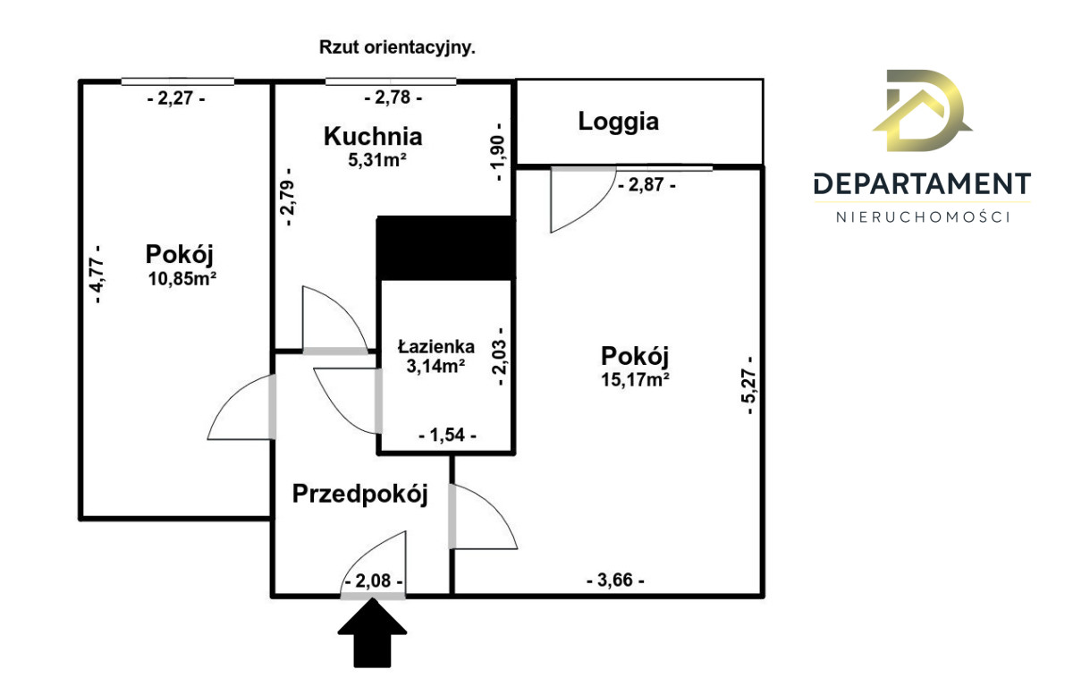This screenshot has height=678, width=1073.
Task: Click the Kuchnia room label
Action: pyautogui.click(x=372, y=137)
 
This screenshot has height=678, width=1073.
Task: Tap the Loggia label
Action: pyautogui.click(x=618, y=122)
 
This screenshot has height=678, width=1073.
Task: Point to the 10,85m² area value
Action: pyautogui.click(x=184, y=277)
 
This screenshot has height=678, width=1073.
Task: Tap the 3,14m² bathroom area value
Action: pyautogui.click(x=435, y=365)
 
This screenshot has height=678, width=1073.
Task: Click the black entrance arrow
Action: pyautogui.click(x=372, y=633)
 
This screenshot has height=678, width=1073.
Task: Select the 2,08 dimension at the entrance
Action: pyautogui.click(x=373, y=581)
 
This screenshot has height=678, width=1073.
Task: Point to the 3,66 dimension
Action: pyautogui.click(x=615, y=581)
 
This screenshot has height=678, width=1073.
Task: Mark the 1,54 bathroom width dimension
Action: pyautogui.click(x=447, y=436)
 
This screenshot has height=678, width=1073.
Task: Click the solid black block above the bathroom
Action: pyautogui.click(x=446, y=248)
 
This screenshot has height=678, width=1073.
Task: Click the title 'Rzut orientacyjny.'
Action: pyautogui.click(x=397, y=48)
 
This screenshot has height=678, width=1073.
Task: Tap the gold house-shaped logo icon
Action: pyautogui.click(x=921, y=112)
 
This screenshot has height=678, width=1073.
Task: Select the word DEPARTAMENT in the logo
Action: pyautogui.click(x=923, y=184)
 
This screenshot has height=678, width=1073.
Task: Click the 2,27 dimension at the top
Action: pyautogui.click(x=176, y=98)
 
